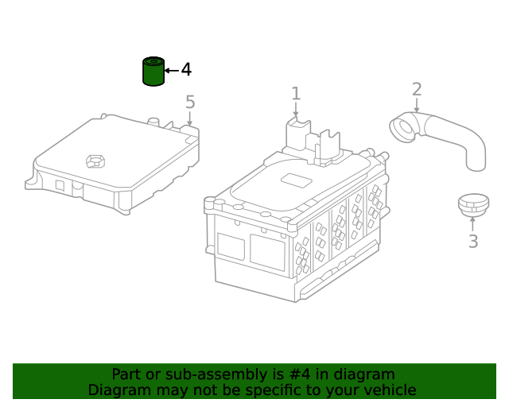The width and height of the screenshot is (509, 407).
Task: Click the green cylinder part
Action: [x=153, y=72]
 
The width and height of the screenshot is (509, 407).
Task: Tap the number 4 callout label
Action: [x=186, y=70]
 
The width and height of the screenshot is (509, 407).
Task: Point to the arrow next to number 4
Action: [x=172, y=71]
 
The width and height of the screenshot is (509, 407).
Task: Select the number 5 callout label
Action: [x=190, y=102]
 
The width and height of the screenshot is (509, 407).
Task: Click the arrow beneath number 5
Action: [x=190, y=118]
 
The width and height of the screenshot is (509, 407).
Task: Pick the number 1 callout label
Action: [x=296, y=94]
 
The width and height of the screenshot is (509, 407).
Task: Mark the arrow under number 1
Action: [x=296, y=110]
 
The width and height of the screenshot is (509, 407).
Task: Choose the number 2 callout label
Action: [x=417, y=90]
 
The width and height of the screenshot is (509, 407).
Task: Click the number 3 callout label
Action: [x=472, y=242]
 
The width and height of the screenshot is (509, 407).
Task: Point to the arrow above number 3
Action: [x=472, y=224]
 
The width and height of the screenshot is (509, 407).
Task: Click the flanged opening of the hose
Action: [x=402, y=127]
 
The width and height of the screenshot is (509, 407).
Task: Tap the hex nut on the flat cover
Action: [x=95, y=161]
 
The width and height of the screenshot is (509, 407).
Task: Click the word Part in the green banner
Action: [x=127, y=374]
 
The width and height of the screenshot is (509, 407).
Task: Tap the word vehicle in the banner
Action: [x=389, y=390]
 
